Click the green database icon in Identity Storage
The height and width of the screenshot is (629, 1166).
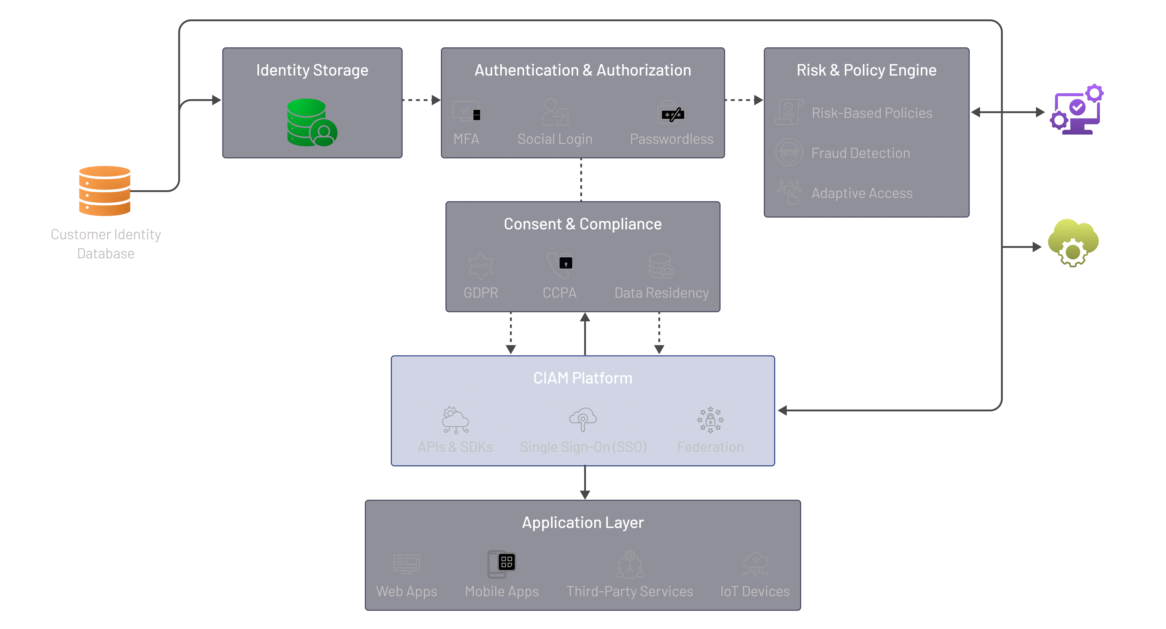pyautogui.click(x=311, y=122)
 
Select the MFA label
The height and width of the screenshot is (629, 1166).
pyautogui.click(x=466, y=139)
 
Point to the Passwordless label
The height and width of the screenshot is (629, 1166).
pyautogui.click(x=671, y=139)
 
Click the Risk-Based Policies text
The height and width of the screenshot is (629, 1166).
pyautogui.click(x=872, y=113)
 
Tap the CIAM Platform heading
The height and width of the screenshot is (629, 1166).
pyautogui.click(x=583, y=378)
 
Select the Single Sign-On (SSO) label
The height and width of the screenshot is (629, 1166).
pyautogui.click(x=583, y=447)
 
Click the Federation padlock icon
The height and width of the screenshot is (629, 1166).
pyautogui.click(x=710, y=420)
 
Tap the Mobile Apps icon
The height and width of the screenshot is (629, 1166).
pyautogui.click(x=501, y=564)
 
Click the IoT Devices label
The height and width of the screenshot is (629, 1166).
pyautogui.click(x=754, y=591)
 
